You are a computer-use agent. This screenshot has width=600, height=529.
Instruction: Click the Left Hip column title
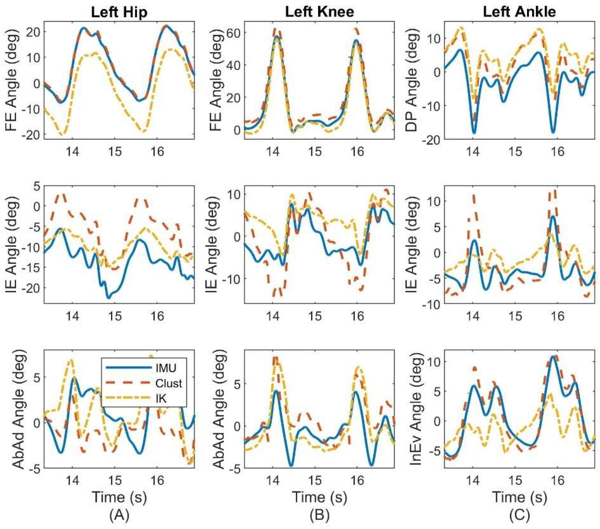click(x=119, y=12)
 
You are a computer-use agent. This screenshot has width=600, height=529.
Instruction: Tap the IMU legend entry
click(x=166, y=368)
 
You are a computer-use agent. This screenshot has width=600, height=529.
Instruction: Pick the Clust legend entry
click(x=169, y=383)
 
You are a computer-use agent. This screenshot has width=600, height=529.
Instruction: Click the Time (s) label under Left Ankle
click(x=519, y=497)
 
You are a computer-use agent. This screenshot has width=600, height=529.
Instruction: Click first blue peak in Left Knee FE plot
click(x=277, y=36)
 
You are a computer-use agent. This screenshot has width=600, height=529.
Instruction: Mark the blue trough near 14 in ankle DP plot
click(x=473, y=133)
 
